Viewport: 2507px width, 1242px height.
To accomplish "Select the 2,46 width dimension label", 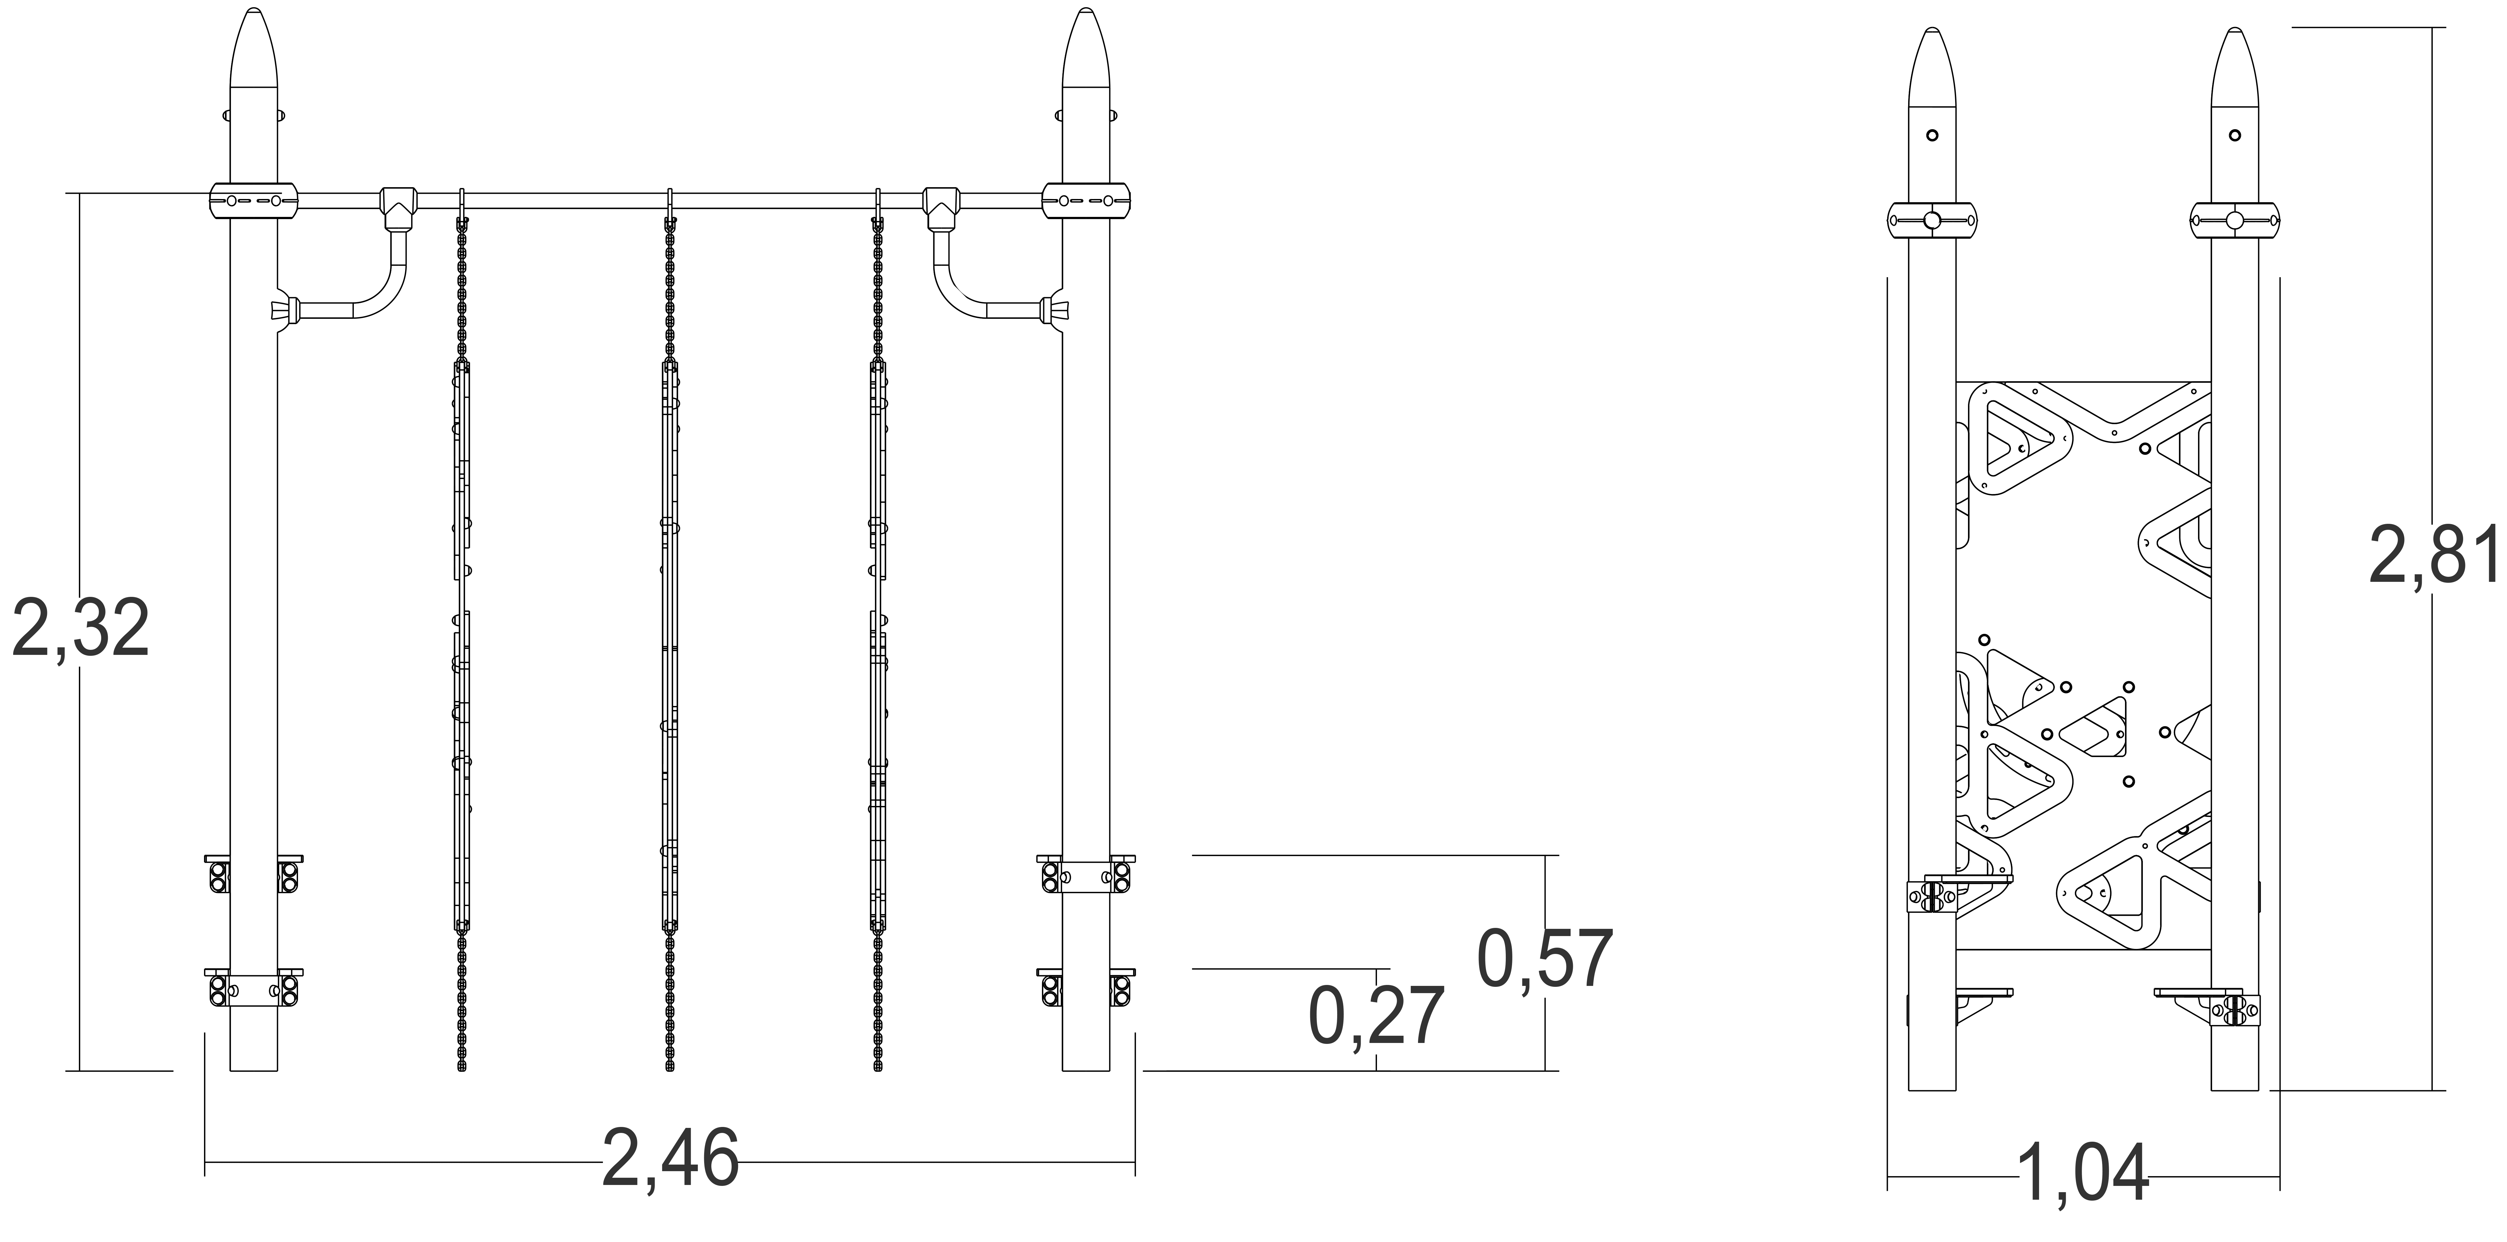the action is (671, 1158).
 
